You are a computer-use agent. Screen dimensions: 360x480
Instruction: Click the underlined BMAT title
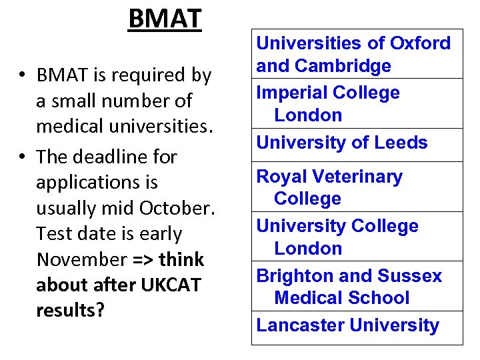(165, 19)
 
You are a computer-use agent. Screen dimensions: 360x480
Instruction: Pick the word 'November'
(82, 259)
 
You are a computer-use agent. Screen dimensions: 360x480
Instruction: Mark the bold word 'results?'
(71, 310)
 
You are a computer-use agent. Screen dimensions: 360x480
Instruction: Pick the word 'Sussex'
(409, 276)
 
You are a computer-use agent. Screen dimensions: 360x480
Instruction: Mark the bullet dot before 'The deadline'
(23, 157)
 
